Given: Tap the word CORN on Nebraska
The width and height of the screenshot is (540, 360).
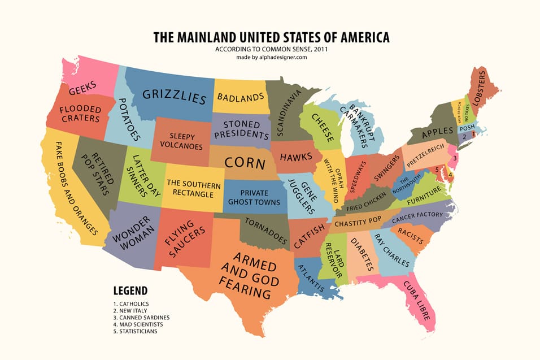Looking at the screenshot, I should [245, 163].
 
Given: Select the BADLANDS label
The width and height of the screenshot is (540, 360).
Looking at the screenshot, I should [241, 98].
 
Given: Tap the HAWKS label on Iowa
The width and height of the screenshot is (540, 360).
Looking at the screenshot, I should [296, 157].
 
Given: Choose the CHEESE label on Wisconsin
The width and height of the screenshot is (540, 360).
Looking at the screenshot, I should [320, 127].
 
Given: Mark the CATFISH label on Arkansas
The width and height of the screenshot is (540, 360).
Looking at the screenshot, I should [308, 236].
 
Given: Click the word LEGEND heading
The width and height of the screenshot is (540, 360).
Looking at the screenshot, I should [130, 291].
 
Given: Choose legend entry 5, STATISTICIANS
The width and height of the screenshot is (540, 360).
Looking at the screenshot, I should [136, 331].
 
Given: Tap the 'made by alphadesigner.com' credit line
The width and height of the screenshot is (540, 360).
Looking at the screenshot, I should [271, 57].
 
